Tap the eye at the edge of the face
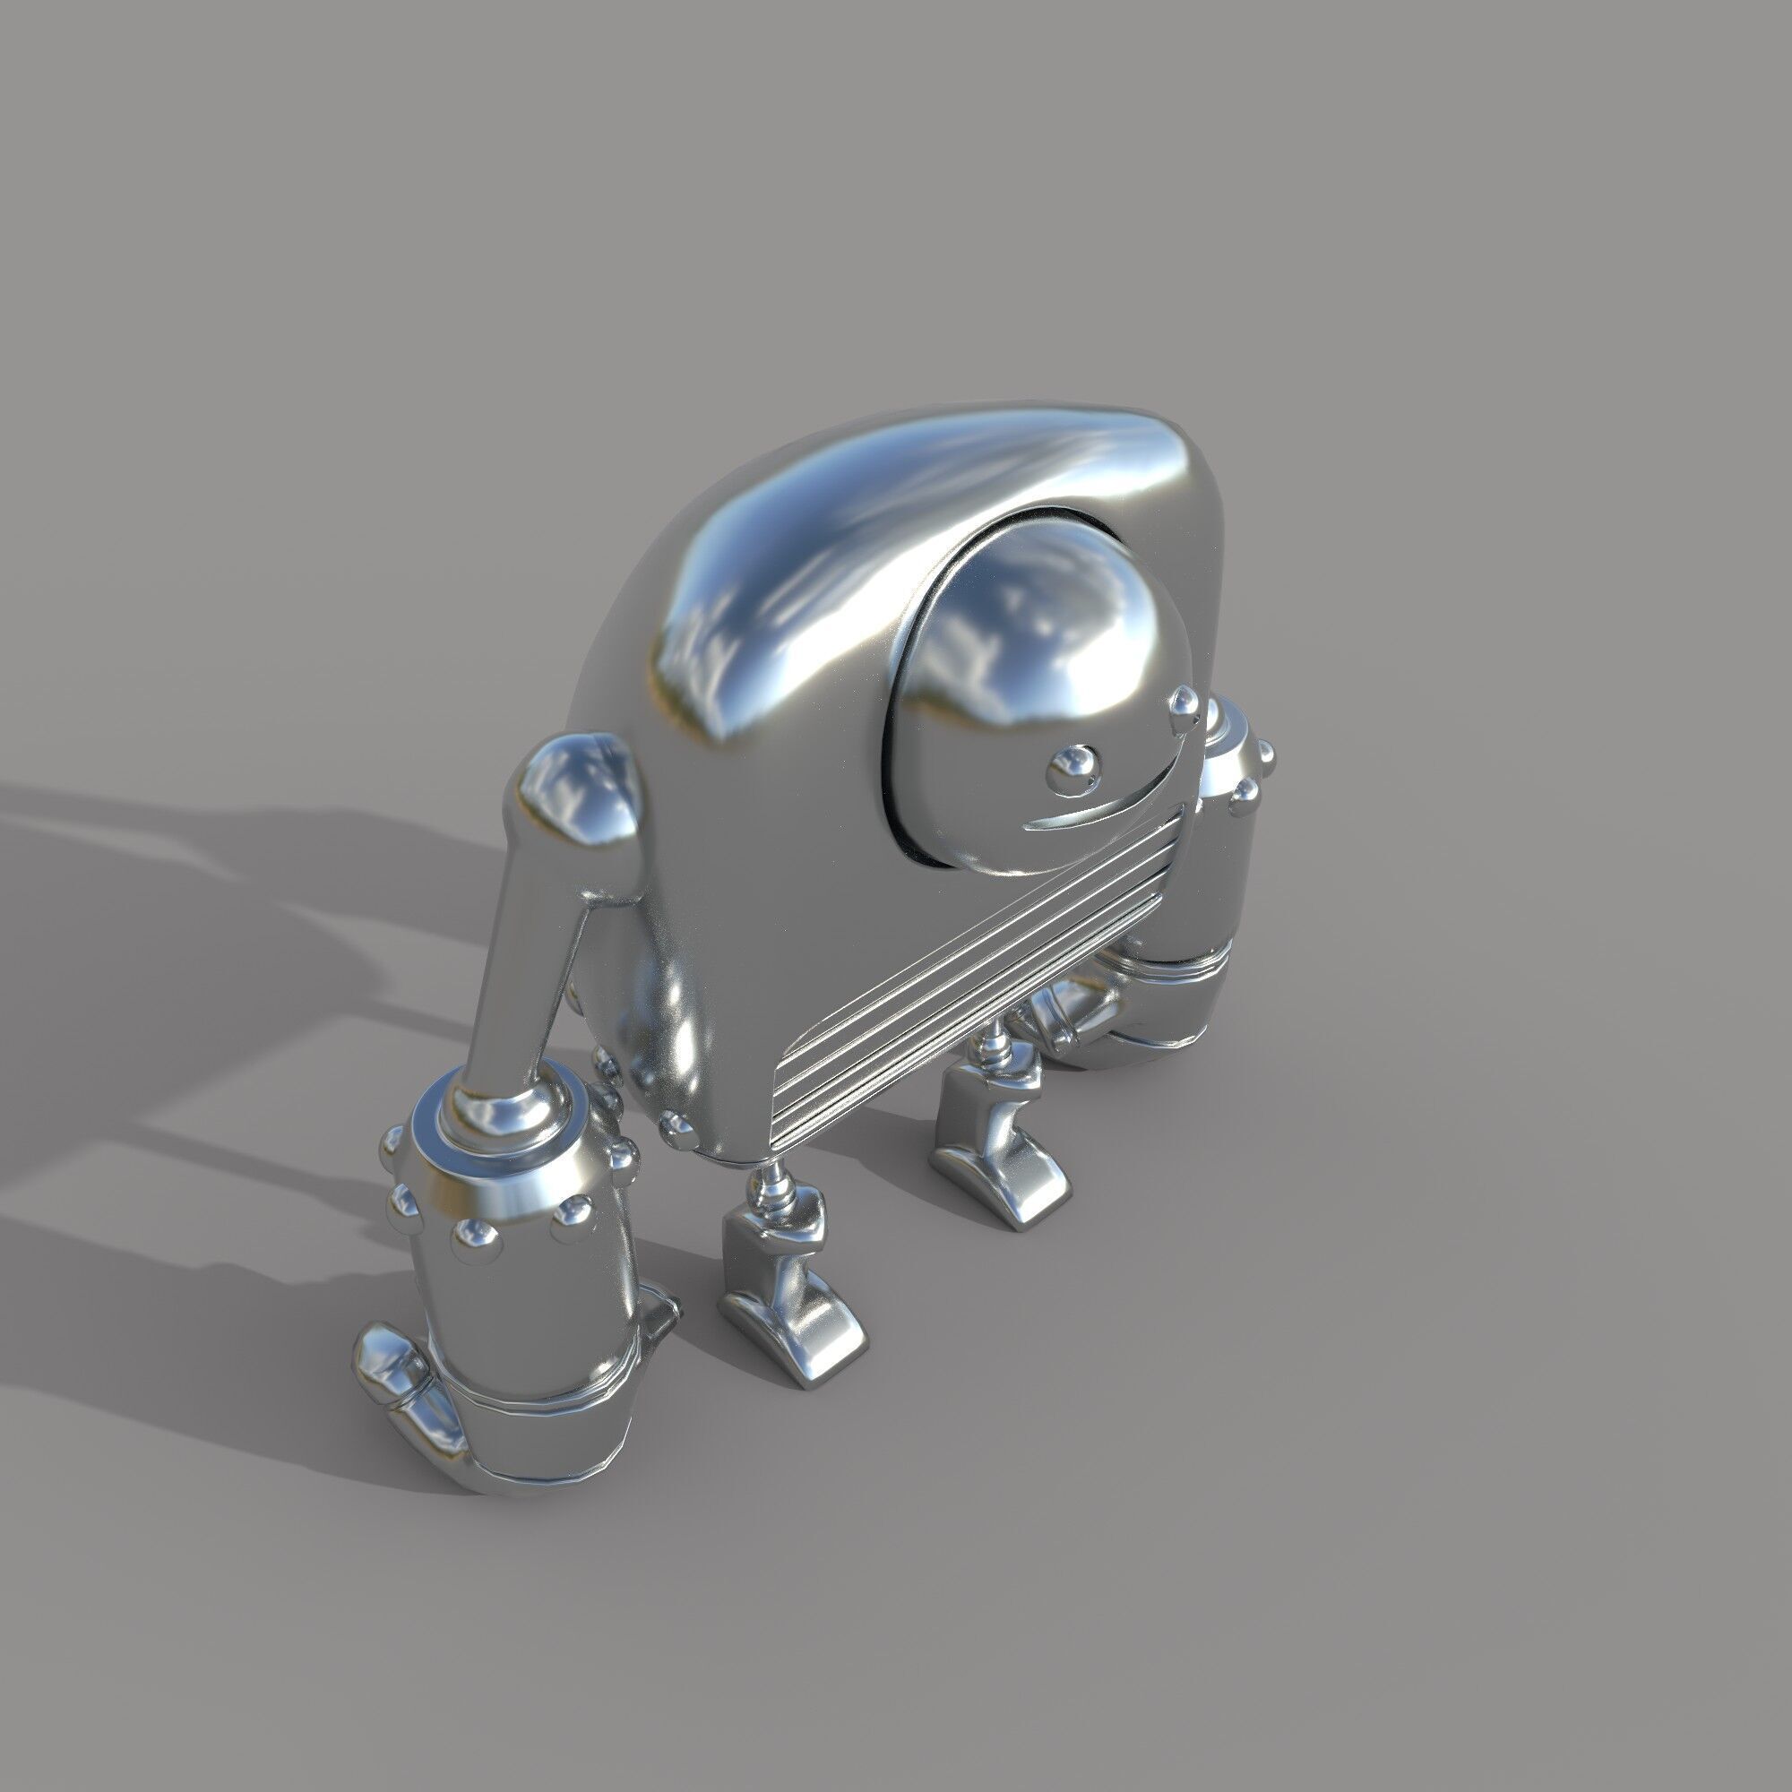pos(1185,705)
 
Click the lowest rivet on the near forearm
pos(473,1236)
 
